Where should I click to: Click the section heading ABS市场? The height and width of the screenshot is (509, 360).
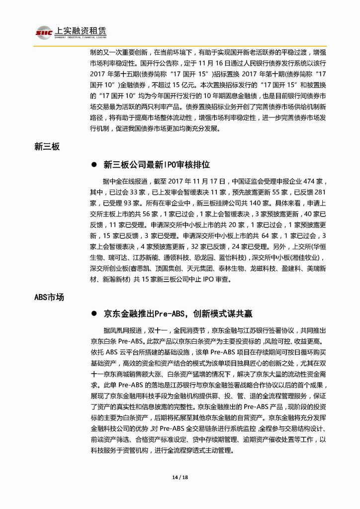coord(49,297)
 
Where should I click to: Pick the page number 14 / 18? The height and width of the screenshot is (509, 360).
coord(180,477)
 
